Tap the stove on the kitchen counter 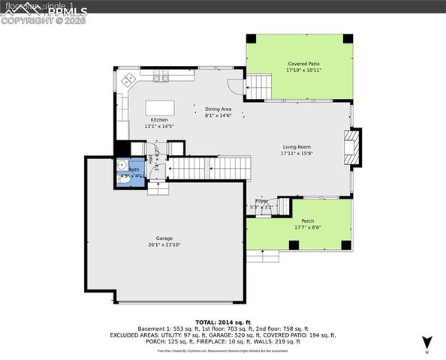pyautogui.click(x=160, y=78)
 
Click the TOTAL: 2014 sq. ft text pyautogui.click(x=222, y=321)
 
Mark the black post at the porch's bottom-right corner pyautogui.click(x=346, y=244)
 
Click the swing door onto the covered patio pyautogui.click(x=236, y=88)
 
